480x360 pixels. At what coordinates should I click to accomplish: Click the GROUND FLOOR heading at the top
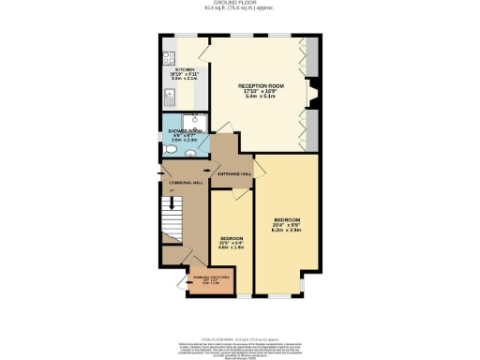(x=240, y=5)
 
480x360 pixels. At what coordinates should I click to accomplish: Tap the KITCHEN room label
(x=184, y=69)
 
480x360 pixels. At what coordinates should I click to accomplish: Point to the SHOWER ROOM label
(x=183, y=131)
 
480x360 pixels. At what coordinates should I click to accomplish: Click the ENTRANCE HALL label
(x=234, y=173)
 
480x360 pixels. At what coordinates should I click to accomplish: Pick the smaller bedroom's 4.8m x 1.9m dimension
(x=232, y=247)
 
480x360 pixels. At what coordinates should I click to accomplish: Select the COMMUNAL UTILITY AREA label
(x=209, y=277)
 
